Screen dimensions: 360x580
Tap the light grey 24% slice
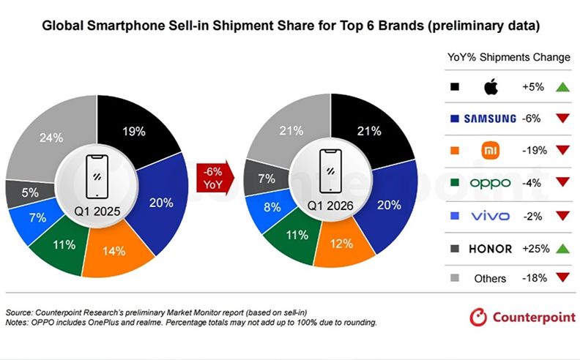click(x=51, y=139)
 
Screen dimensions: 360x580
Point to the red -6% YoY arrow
click(x=213, y=176)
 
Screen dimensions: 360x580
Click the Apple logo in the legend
click(x=491, y=87)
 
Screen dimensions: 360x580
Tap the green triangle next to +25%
click(x=563, y=249)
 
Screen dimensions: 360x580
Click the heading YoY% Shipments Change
click(x=508, y=57)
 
